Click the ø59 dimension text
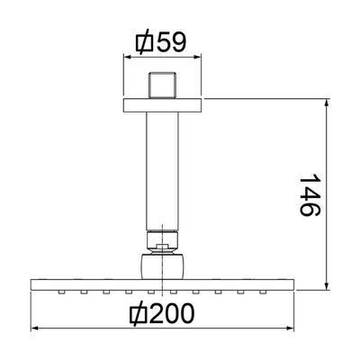pyautogui.click(x=160, y=42)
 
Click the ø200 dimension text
pyautogui.click(x=162, y=313)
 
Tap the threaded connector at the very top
pyautogui.click(x=162, y=85)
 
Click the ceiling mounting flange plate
pyautogui.click(x=162, y=105)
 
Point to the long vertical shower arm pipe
pyautogui.click(x=162, y=172)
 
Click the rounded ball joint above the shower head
pyautogui.click(x=162, y=266)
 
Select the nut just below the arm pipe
pyautogui.click(x=162, y=241)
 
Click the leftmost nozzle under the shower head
pyautogui.click(x=62, y=292)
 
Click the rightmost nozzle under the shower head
pyautogui.click(x=263, y=292)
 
